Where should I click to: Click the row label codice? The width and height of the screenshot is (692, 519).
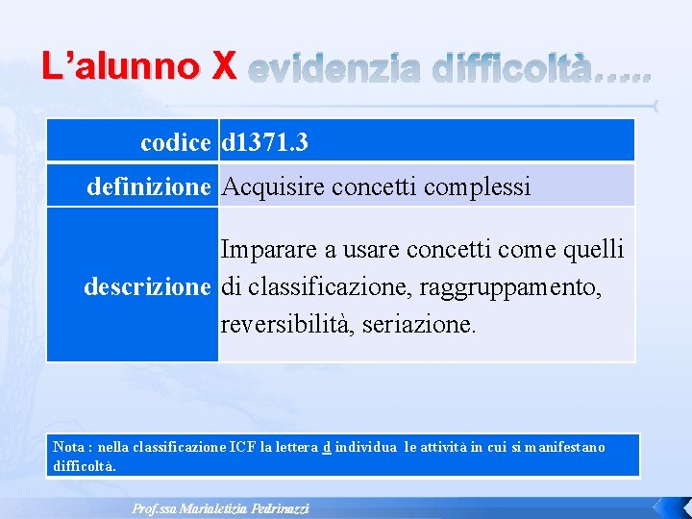175,143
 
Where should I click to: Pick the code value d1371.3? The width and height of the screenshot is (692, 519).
265,143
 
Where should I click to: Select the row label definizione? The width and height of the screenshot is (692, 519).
148,186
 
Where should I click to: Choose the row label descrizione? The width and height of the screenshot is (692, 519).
147,286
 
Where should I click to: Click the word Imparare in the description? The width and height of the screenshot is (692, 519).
270,250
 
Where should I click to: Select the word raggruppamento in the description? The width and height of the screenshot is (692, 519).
522,286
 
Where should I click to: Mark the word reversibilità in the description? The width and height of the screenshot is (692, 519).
276,324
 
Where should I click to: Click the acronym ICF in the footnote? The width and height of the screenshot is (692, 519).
242,447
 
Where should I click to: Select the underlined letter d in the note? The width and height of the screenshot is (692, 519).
327,447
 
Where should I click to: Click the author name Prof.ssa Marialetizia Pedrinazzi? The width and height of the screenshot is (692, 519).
220,508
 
